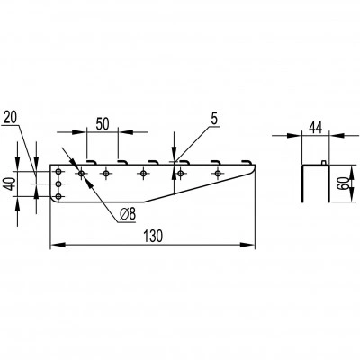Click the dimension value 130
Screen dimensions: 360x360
(152, 236)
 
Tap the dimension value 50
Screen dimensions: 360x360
(103, 124)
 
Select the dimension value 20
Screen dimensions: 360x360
(10, 118)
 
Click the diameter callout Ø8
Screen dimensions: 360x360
(127, 214)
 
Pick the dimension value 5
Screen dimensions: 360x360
(214, 119)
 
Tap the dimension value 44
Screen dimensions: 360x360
(315, 128)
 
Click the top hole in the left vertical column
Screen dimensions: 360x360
(58, 172)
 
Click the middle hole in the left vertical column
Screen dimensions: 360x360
(58, 184)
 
